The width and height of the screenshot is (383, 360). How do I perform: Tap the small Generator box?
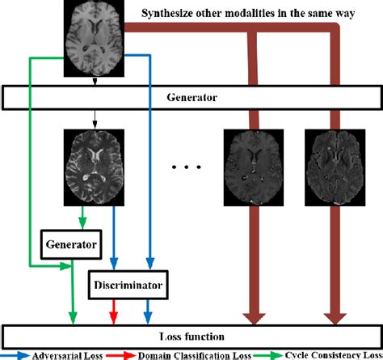pyautogui.click(x=71, y=242)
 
